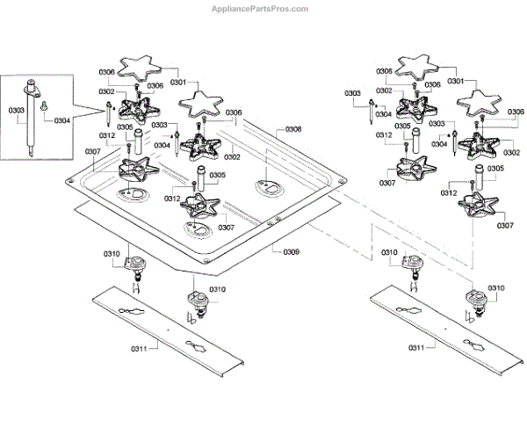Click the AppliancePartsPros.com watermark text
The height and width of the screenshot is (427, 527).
pyautogui.click(x=259, y=9)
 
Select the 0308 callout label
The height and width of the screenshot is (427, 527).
pyautogui.click(x=293, y=129)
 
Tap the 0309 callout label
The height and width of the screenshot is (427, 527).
pyautogui.click(x=291, y=252)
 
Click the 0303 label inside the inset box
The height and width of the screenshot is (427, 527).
pyautogui.click(x=17, y=111)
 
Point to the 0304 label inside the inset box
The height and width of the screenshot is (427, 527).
pyautogui.click(x=62, y=120)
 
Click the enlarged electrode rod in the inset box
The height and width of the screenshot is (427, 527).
pyautogui.click(x=31, y=118)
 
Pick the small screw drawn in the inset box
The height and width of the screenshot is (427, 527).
pyautogui.click(x=44, y=105)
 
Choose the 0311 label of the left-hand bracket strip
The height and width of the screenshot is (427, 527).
pyautogui.click(x=139, y=349)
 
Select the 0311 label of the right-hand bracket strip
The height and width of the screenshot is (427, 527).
pyautogui.click(x=416, y=347)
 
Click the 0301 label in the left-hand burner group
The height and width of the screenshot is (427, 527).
pyautogui.click(x=178, y=83)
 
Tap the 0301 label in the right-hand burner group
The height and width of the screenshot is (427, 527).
pyautogui.click(x=456, y=81)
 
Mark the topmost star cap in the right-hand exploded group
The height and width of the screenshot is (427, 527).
pyautogui.click(x=418, y=68)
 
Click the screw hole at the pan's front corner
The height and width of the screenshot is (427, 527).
pyautogui.click(x=206, y=261)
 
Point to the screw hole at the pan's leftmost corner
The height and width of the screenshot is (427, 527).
pyautogui.click(x=70, y=181)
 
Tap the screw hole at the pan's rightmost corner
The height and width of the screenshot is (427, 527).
pyautogui.click(x=342, y=181)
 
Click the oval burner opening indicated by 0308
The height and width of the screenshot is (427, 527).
pyautogui.click(x=268, y=187)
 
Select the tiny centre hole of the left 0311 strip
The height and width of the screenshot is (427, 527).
pyautogui.click(x=169, y=329)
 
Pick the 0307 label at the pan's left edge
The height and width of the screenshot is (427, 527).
pyautogui.click(x=93, y=152)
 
